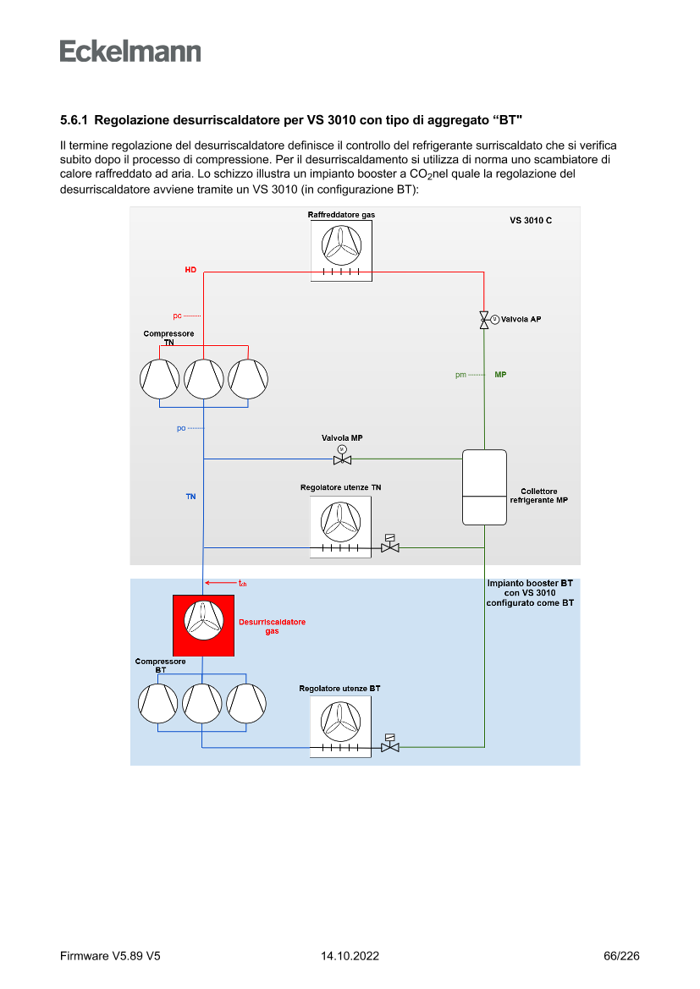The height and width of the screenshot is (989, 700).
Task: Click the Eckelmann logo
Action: coord(130,51)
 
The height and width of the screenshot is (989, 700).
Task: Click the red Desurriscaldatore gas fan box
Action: coord(204,625)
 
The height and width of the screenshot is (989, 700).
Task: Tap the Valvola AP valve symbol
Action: coord(484,320)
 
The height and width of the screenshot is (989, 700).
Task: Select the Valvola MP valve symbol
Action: coord(342,459)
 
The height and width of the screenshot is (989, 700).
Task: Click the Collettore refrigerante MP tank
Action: coord(484,487)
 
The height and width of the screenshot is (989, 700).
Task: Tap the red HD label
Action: coord(190,270)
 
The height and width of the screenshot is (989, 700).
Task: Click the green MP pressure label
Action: coord(500,374)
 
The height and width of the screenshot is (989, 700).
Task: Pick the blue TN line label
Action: coord(190,497)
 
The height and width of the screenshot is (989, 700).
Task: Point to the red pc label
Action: coord(177,316)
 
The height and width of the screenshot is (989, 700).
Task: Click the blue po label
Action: coord(180,428)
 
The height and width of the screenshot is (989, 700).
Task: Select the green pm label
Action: coord(460,375)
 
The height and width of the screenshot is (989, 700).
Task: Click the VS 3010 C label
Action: coord(531,221)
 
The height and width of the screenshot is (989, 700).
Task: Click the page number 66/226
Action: coord(621,956)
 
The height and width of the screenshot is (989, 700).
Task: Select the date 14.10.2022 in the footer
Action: coord(350,956)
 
